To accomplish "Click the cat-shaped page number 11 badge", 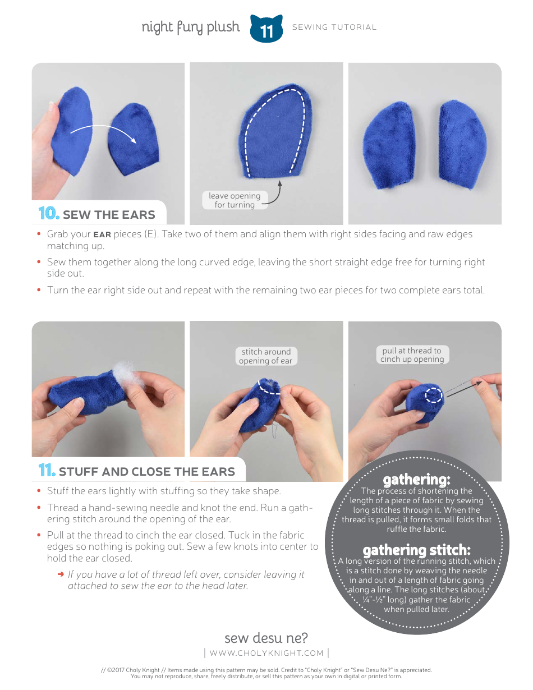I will coord(266,29).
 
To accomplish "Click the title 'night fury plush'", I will coord(190,27).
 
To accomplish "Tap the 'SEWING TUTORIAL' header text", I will coord(334,27).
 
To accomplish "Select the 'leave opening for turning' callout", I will coord(235,200).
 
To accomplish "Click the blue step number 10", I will coord(49,214).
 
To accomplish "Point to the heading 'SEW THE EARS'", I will coord(109,215).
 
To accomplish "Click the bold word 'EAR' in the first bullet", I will coord(102,234).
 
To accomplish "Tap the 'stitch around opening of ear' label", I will coord(265,356).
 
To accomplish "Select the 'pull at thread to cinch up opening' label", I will coord(412,355).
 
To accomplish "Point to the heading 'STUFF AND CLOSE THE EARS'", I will coord(146,472).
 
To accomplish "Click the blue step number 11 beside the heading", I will coord(47,471).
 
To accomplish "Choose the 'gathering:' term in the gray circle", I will coord(416,480).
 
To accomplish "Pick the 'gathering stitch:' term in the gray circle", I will coord(416,550).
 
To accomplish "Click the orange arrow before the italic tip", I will coord(61,574).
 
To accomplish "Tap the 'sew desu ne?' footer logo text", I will coord(266,638).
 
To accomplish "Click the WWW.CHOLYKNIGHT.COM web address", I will coord(266,653).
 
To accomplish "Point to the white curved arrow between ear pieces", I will coord(103,132).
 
